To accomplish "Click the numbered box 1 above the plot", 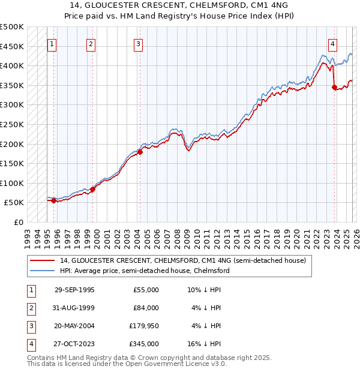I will coord(52,43).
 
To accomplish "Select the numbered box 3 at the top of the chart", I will coord(139,43).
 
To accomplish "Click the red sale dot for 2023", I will coord(334,88).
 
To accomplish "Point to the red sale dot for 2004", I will coord(140,152).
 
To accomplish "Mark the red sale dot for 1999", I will coord(93,189).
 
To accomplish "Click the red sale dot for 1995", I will coord(54,200).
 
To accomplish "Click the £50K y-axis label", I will coord(14,203).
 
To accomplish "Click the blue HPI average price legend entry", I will coord(144,271).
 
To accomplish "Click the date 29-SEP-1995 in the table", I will coord(74,290).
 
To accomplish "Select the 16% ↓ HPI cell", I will coord(204,344).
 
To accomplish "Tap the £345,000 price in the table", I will coord(144,344).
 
